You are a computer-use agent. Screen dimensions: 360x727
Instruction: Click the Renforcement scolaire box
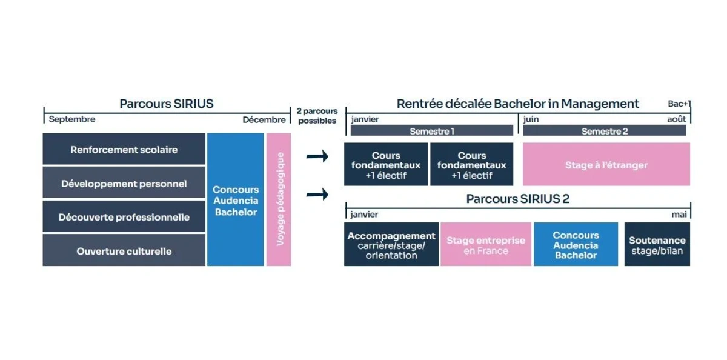(124, 150)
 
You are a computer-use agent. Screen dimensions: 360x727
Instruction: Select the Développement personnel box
(124, 184)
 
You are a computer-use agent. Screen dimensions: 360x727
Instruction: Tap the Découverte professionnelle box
(124, 217)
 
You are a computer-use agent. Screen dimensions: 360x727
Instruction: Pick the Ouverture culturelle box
(124, 251)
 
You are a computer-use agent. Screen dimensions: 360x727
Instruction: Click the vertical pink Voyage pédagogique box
(279, 199)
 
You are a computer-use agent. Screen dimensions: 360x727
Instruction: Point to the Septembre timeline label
(72, 119)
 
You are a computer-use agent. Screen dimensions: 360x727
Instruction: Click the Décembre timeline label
(264, 120)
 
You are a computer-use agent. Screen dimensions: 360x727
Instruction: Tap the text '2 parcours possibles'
(317, 116)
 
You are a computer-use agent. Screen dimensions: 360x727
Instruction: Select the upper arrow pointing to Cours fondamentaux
(317, 157)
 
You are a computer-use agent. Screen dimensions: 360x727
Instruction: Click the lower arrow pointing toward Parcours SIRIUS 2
(317, 195)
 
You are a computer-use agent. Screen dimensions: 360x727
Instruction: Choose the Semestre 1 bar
(431, 131)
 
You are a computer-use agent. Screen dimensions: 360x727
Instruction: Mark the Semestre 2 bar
(604, 131)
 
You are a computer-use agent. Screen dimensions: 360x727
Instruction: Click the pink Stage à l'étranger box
(606, 165)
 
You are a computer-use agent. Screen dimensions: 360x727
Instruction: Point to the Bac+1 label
(679, 104)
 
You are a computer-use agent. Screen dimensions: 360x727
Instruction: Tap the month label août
(677, 119)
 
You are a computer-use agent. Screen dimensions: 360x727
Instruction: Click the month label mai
(679, 215)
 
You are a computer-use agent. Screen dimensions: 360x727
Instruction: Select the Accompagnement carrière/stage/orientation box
(391, 245)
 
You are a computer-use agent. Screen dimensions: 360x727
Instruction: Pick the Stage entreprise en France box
(486, 245)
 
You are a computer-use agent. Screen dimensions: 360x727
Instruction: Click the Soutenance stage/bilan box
(657, 245)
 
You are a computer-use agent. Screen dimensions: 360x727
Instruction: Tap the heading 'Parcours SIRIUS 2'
(517, 199)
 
